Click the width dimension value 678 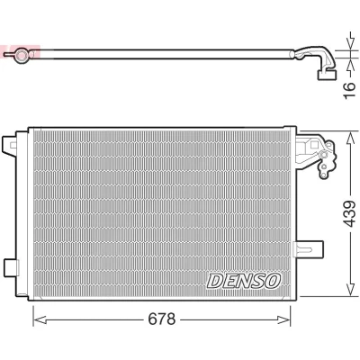click(161, 319)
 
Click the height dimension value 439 click(349, 213)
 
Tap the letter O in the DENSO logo click(273, 281)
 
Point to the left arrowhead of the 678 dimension click(40, 319)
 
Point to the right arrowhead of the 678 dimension click(283, 319)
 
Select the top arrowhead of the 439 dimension click(350, 139)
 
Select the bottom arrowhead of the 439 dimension click(350, 289)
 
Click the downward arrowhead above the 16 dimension click(350, 44)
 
